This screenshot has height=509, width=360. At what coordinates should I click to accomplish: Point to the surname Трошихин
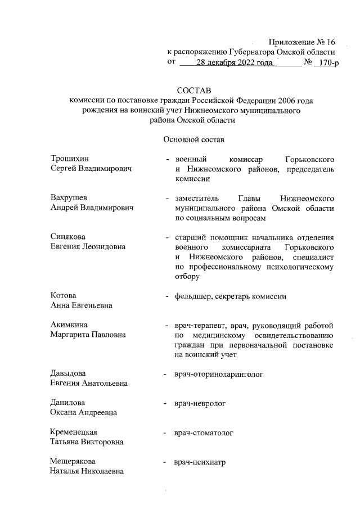coord(70,159)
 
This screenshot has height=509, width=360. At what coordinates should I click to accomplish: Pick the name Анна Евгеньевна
coord(81,305)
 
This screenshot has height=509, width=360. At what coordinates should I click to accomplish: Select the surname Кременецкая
coord(74,432)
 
